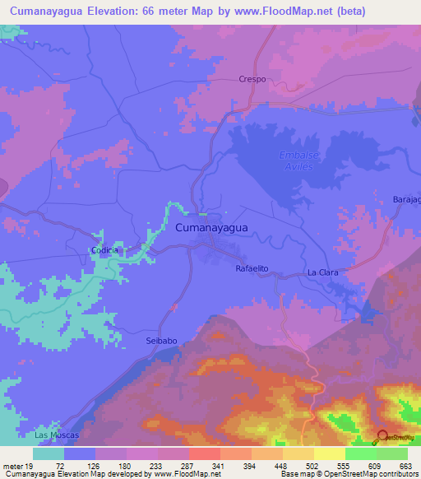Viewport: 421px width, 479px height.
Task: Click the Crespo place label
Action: point(253,80)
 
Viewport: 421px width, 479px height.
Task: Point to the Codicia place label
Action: point(104,250)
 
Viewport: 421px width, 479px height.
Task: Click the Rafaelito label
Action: point(252,270)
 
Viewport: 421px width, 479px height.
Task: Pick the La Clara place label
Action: point(323,272)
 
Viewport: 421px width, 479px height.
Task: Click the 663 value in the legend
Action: point(405,466)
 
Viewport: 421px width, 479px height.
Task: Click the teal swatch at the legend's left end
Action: point(49,453)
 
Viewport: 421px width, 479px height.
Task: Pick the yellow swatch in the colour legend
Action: point(329,453)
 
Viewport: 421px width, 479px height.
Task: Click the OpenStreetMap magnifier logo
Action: point(382,438)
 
